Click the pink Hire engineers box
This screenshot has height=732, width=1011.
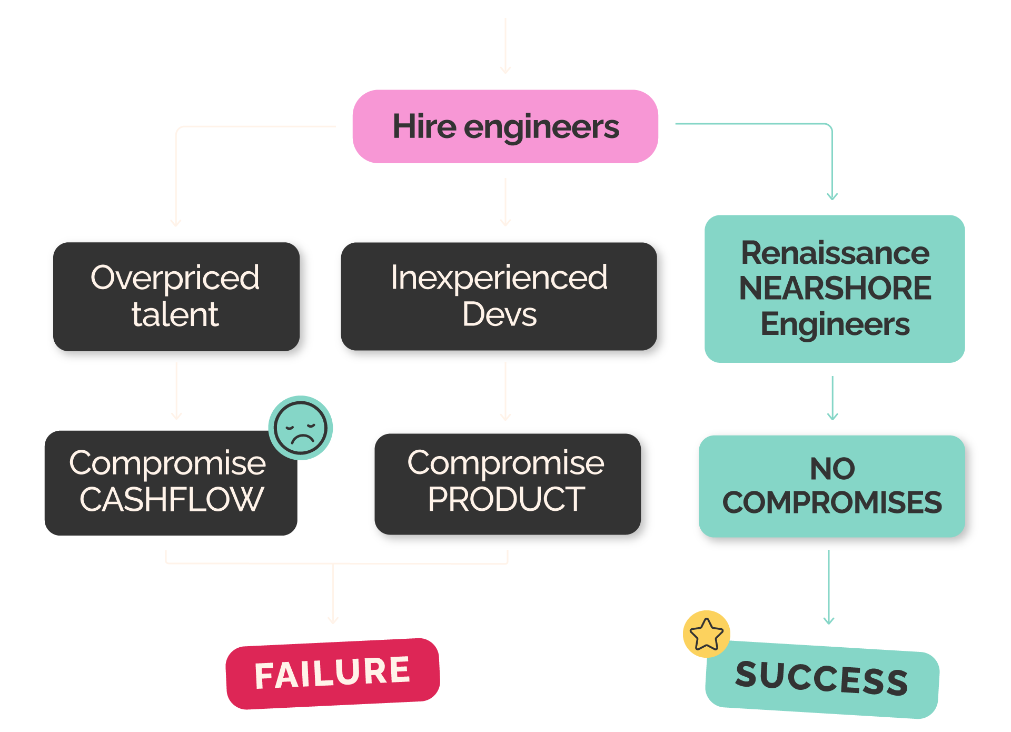(506, 126)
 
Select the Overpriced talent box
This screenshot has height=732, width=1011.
(176, 296)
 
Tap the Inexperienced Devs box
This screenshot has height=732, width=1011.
(499, 296)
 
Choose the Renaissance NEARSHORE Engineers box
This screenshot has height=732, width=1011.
(835, 289)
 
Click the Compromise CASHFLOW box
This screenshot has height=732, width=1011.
(171, 483)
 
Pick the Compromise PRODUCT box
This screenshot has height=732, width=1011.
(508, 484)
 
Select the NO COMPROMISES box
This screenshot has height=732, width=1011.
(832, 486)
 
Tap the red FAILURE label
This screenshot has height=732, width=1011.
(333, 674)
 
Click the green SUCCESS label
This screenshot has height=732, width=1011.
(822, 679)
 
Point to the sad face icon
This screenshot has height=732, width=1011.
(301, 428)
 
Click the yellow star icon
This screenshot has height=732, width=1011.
(707, 634)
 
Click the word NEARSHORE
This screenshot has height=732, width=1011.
(835, 288)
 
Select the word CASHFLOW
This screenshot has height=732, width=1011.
(172, 499)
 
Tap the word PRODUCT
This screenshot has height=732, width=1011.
(507, 499)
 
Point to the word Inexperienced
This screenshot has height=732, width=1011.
(499, 278)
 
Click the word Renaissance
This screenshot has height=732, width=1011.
(835, 253)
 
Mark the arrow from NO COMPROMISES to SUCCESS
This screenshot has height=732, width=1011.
(829, 587)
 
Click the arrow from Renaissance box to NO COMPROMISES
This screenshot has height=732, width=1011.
(832, 398)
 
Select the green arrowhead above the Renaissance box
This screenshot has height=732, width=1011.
(832, 196)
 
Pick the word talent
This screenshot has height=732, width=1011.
(175, 314)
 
